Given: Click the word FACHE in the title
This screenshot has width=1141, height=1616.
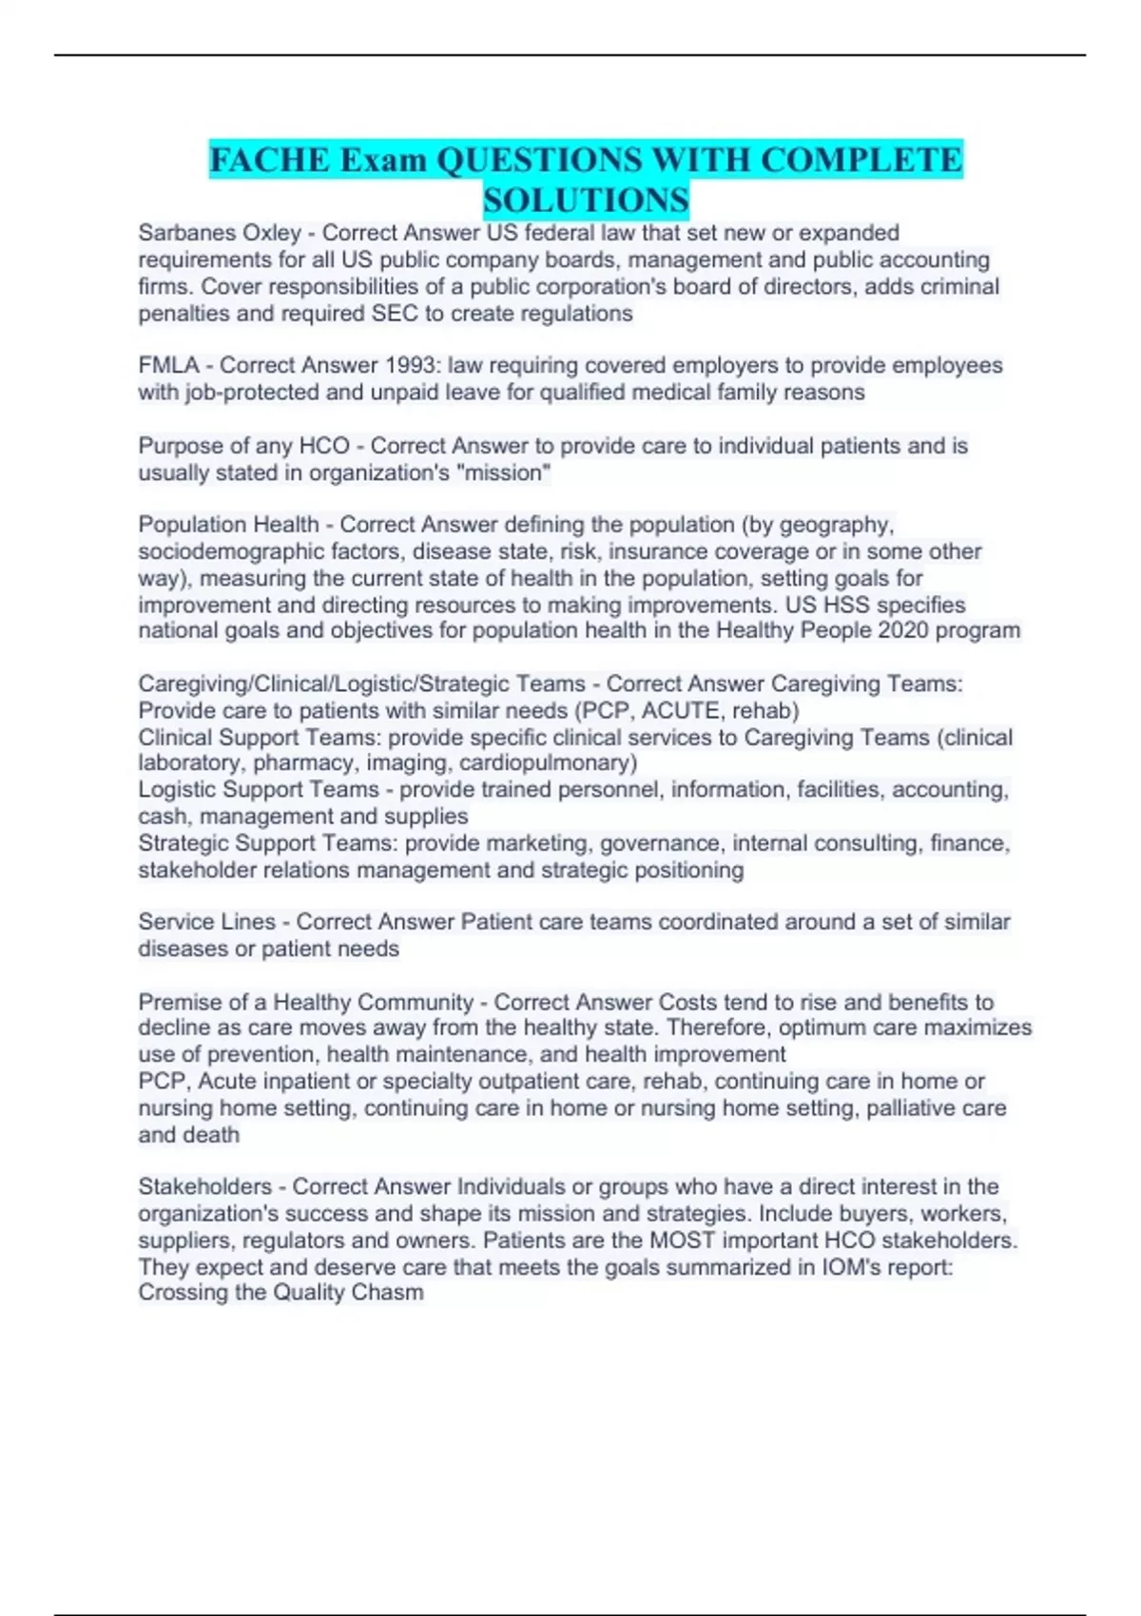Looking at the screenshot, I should pos(268,160).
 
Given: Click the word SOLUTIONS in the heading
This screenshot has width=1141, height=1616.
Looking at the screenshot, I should pos(586,201).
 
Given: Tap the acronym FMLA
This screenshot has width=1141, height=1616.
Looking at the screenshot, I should pos(168,365).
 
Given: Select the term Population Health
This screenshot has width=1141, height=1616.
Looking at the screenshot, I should pos(228,525).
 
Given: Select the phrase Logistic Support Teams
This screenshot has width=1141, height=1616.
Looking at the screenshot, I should pos(258,789).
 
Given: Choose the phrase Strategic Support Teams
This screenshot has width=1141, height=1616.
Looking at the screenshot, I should pos(264,843).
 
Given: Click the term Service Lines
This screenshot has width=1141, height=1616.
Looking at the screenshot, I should pos(206,921).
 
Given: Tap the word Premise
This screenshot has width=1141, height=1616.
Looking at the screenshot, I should pos(177,1002).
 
